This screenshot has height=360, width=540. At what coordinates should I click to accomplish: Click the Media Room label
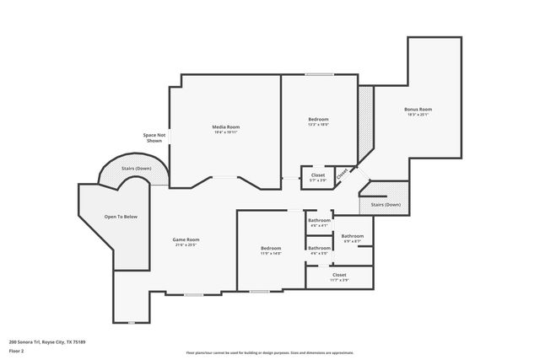(x=225, y=126)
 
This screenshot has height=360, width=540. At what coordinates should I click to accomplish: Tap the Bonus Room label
(x=418, y=110)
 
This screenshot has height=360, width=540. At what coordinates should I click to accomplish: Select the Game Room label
(x=186, y=239)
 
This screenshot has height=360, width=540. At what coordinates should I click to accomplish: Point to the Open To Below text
(x=121, y=217)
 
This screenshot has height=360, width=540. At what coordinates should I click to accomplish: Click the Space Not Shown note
(x=154, y=138)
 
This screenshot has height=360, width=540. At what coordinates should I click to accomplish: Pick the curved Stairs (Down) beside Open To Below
(x=136, y=169)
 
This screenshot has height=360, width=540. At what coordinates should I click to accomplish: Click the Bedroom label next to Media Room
(x=318, y=119)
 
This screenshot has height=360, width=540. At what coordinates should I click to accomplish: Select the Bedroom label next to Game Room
(x=271, y=248)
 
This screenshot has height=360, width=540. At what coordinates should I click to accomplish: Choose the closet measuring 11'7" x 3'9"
(x=339, y=275)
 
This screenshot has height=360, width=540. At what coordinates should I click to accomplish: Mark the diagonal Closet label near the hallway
(x=343, y=174)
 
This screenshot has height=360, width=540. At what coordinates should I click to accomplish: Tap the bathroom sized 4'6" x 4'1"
(x=319, y=222)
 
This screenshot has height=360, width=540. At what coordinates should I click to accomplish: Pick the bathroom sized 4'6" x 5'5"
(x=319, y=249)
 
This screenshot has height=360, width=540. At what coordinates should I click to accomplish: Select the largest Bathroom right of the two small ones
(x=353, y=236)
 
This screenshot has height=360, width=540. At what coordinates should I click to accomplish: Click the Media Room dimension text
(x=225, y=132)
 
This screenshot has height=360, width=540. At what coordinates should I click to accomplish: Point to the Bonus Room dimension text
(x=418, y=116)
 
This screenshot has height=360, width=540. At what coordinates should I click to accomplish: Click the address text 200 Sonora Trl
(x=47, y=341)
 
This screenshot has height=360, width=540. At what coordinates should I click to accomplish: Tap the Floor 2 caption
(x=16, y=350)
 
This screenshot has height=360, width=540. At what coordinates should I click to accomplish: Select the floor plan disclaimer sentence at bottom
(x=269, y=353)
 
